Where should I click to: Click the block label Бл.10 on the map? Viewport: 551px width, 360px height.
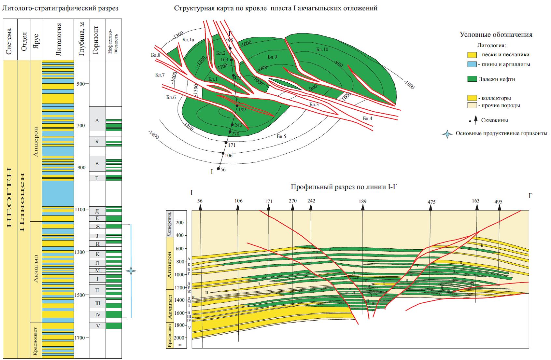322,49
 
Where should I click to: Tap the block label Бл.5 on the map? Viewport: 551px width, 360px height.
281,136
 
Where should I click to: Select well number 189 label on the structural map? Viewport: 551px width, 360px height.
242,110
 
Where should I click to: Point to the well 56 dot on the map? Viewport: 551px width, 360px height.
218,168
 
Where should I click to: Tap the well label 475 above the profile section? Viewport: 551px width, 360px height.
431,202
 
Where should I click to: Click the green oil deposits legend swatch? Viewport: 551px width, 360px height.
472,79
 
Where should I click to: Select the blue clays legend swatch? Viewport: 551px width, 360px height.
472,64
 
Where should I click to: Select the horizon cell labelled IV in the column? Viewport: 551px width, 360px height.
97,314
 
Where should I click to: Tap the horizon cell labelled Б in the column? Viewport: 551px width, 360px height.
97,141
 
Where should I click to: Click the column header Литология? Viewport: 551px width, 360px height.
58,39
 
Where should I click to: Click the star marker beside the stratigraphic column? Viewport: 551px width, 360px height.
131,271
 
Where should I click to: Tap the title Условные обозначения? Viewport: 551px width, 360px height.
496,35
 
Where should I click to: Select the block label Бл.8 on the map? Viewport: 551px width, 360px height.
156,55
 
